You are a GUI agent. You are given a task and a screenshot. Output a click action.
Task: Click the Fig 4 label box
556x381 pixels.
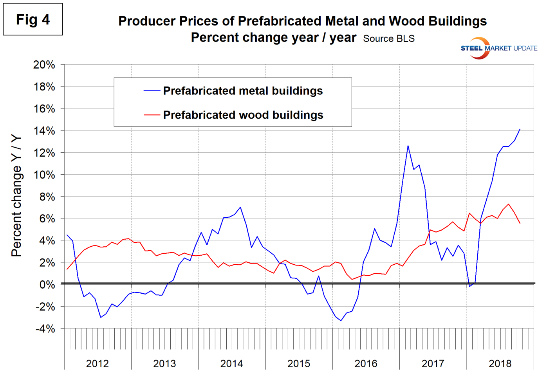33,19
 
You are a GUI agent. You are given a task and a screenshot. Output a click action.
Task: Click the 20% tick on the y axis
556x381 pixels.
44,65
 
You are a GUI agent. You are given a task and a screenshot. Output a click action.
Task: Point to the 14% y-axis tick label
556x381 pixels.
44,131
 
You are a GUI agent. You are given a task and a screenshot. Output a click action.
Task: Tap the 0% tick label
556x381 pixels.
47,285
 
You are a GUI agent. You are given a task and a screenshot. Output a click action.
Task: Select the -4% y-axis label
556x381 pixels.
45,329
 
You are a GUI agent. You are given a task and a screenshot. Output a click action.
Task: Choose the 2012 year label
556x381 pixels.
97,364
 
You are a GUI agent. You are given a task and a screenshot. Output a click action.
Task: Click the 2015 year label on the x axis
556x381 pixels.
299,364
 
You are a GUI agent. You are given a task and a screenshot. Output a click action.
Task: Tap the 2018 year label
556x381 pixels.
500,364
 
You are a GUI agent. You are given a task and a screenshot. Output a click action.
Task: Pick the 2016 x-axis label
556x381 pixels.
366,364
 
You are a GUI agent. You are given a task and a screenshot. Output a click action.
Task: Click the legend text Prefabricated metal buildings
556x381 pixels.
243,91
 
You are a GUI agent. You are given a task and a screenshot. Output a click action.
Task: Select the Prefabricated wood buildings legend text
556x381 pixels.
243,115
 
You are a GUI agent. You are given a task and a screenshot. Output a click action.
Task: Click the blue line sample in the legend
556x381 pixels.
152,91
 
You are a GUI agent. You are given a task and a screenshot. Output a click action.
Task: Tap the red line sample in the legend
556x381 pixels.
152,115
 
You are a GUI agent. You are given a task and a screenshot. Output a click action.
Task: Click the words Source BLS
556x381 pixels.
388,39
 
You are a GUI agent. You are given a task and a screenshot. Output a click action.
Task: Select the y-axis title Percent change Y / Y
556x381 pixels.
16,196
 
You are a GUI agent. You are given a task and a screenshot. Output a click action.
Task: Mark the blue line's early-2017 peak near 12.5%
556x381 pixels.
408,146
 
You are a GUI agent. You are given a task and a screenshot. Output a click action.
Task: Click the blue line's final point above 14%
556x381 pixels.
520,129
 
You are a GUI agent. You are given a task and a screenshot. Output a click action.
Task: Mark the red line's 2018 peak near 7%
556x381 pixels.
509,204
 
